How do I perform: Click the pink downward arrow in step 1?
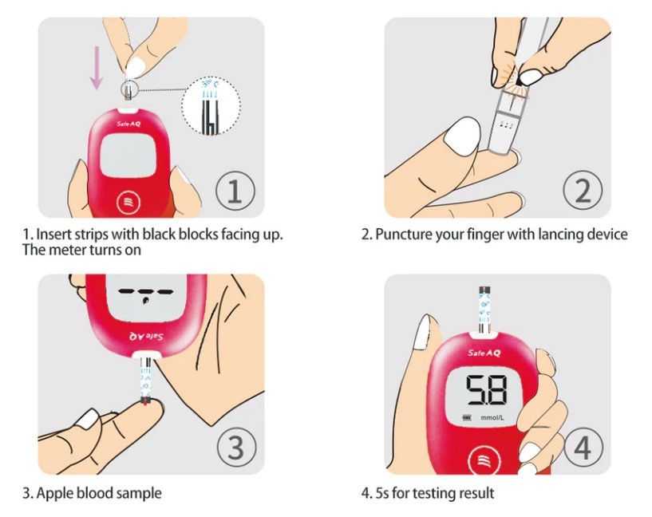(x=97, y=68)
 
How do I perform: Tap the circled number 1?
(x=235, y=191)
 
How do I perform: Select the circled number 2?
(x=583, y=191)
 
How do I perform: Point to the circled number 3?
(x=236, y=447)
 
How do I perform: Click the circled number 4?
(x=583, y=447)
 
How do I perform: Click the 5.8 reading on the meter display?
(x=485, y=389)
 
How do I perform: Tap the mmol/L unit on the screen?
(x=492, y=417)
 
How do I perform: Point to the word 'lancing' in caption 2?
(x=560, y=235)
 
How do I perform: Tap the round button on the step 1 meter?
(x=129, y=203)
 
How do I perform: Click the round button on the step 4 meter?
(x=482, y=460)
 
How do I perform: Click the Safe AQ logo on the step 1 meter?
(x=128, y=124)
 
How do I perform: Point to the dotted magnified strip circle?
(x=211, y=106)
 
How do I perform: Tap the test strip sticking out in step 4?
(x=485, y=310)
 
